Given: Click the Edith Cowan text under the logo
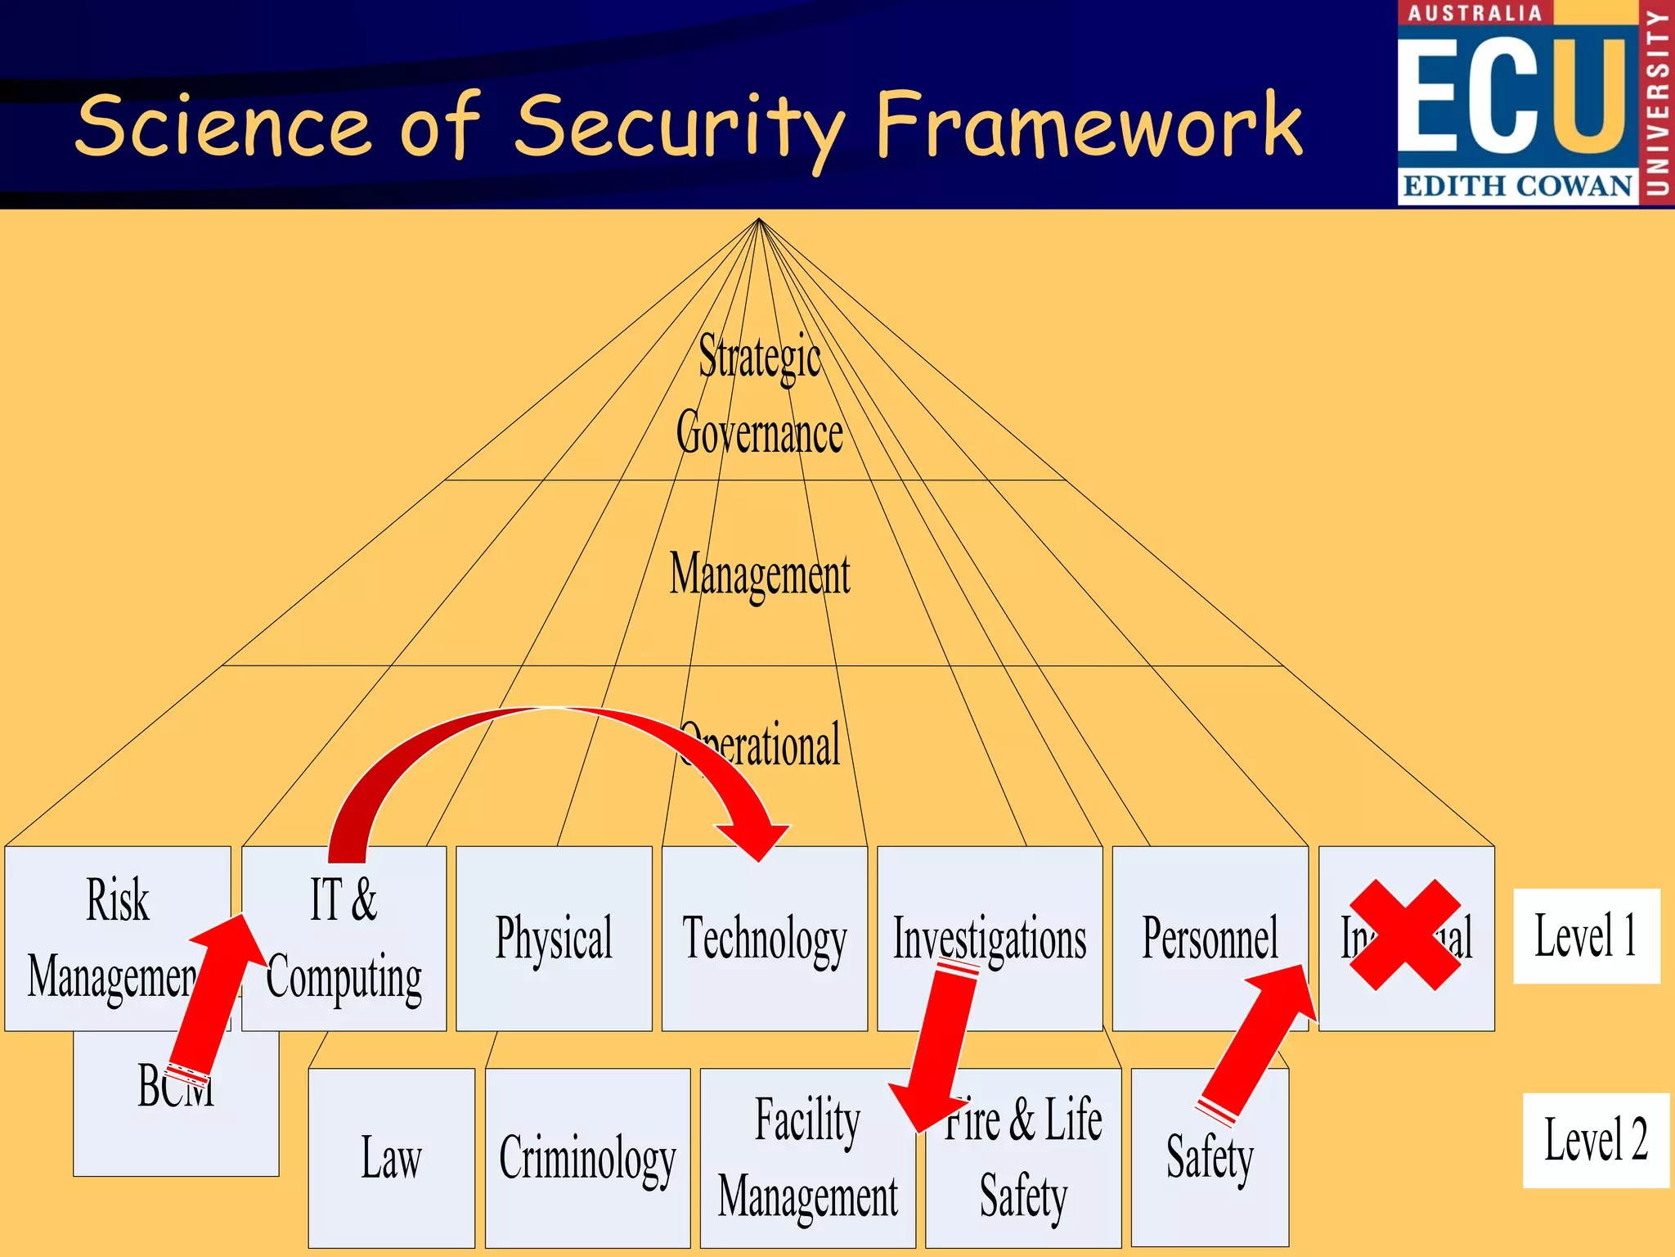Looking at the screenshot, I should coord(1517,186).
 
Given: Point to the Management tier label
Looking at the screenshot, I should coord(759,573).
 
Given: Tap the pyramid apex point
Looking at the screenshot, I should coord(759,219).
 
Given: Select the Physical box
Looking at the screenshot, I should coord(554,938).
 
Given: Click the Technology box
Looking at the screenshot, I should coord(764,938).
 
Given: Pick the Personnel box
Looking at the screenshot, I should coord(1209,938).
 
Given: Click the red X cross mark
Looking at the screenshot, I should coord(1404,935).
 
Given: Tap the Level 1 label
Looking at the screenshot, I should coord(1585,935).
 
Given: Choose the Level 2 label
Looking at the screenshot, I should coord(1595,1139).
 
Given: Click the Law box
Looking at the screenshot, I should coord(391,1158).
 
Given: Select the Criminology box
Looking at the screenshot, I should coord(587,1158).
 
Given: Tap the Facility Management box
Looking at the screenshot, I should coord(807,1158).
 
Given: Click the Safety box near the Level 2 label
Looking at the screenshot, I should coord(1209,1158).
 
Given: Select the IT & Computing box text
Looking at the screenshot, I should coord(344,938).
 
